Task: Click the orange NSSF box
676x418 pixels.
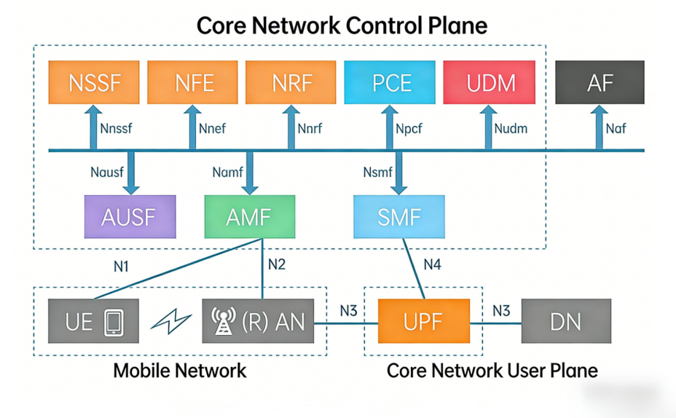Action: (93, 82)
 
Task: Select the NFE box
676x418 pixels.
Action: (193, 82)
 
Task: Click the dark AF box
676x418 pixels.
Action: (600, 82)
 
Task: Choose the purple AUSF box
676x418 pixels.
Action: (130, 217)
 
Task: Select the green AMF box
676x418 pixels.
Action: (250, 217)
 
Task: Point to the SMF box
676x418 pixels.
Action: (398, 217)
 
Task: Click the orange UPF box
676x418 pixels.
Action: (423, 320)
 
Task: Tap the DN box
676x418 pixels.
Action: (566, 320)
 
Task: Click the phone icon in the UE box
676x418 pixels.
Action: (113, 321)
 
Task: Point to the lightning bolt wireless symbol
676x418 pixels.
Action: (170, 322)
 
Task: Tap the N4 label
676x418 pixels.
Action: (433, 264)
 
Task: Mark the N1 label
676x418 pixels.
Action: (121, 267)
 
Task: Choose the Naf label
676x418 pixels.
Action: (616, 129)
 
